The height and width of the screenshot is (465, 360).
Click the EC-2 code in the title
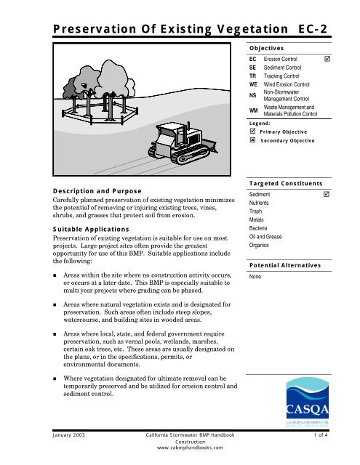pyautogui.click(x=316, y=28)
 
